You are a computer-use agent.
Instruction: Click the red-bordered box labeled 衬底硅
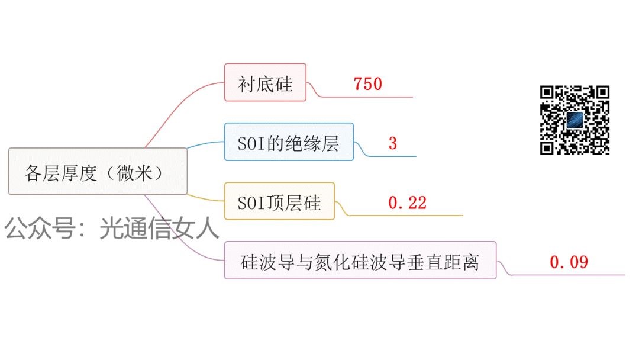tap(265, 82)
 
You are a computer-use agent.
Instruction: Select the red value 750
tap(368, 84)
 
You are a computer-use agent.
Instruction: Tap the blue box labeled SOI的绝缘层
tap(289, 142)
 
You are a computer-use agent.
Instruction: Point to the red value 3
tap(393, 144)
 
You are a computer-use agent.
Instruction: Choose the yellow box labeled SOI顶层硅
tap(279, 201)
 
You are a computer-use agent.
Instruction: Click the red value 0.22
tap(407, 203)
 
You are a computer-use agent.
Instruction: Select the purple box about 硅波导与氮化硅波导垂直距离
tap(360, 261)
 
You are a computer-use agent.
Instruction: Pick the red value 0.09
tap(569, 262)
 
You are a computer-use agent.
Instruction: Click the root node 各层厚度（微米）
tap(98, 172)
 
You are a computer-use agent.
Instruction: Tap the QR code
tap(575, 120)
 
